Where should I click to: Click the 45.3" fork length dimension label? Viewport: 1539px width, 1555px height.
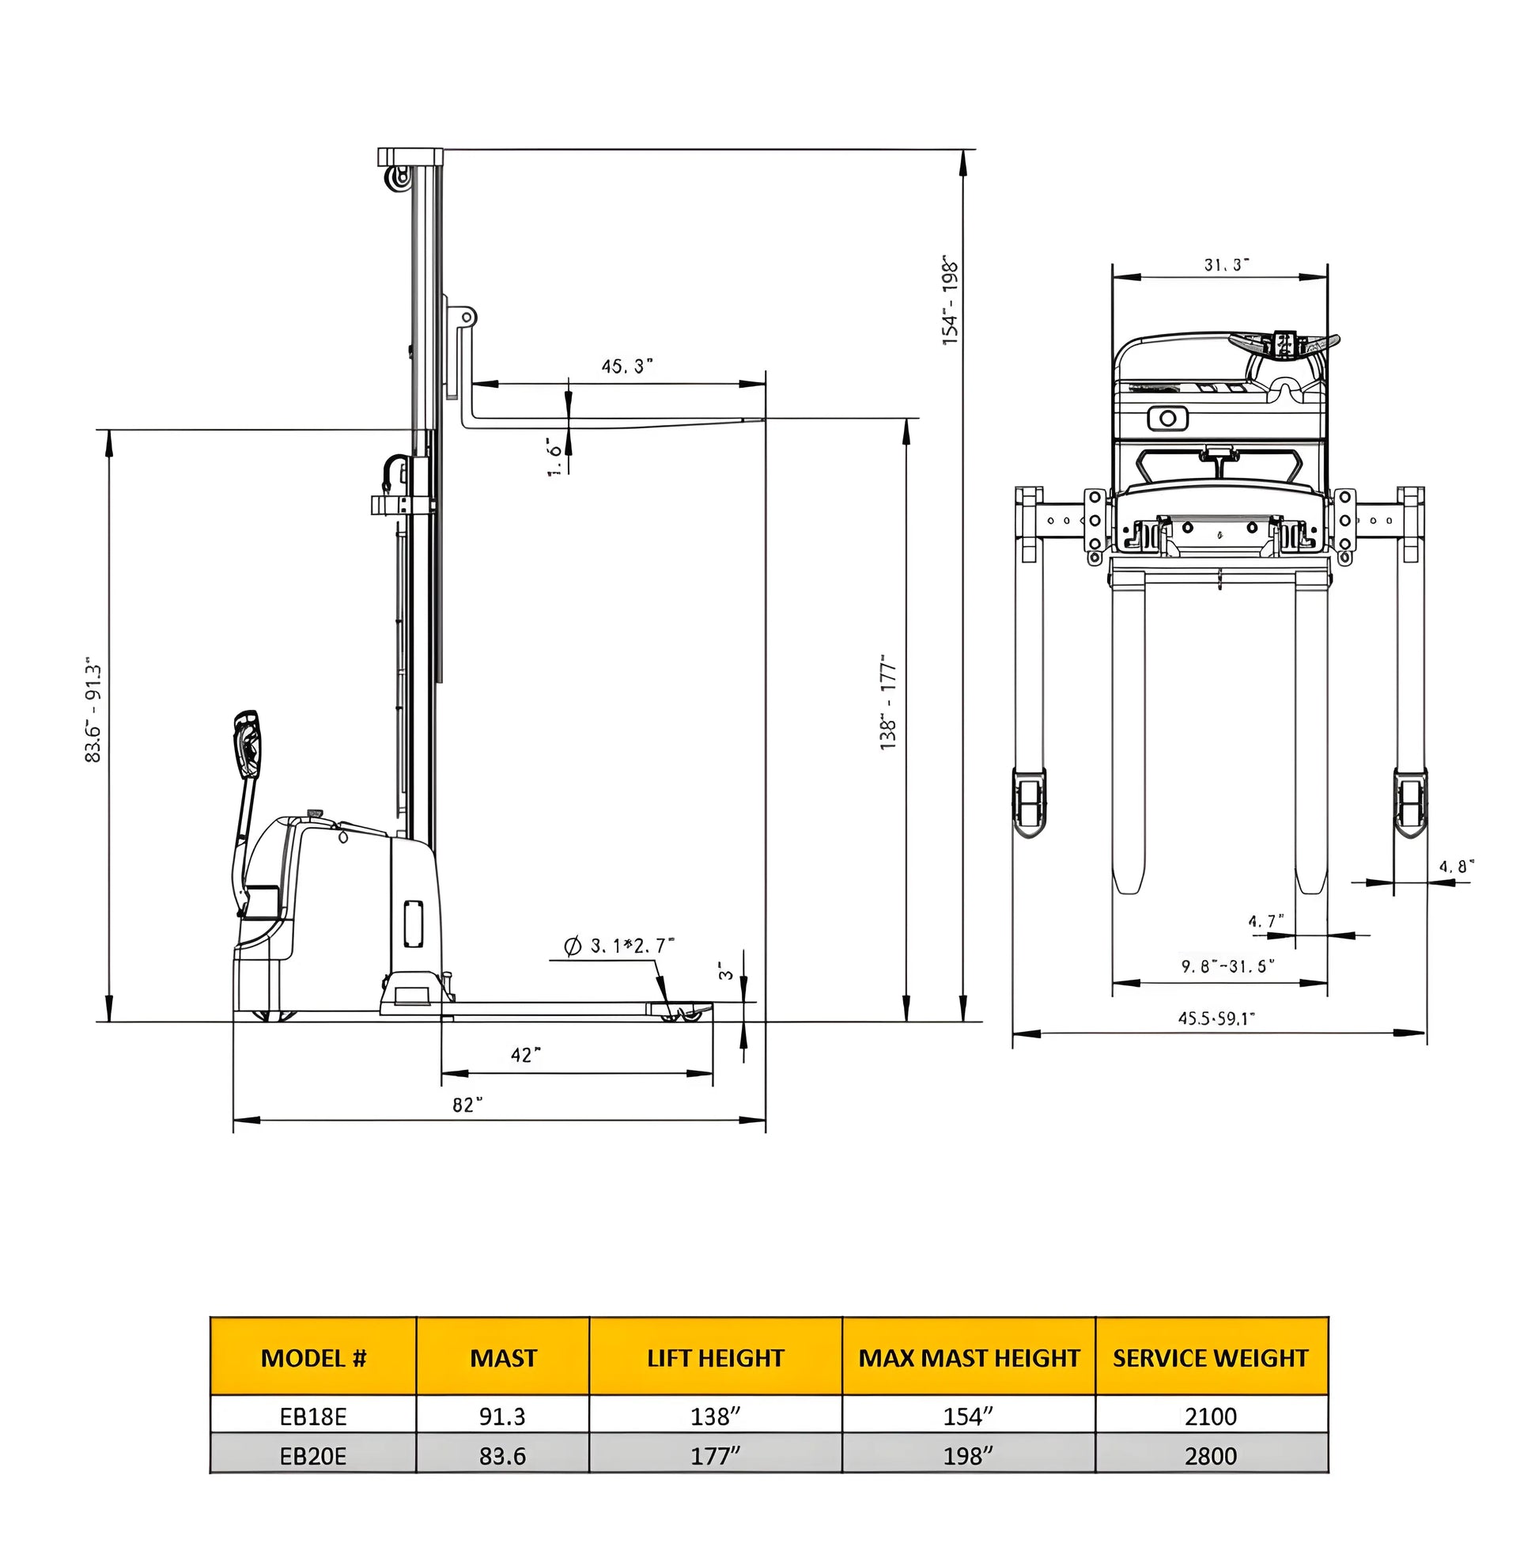click(x=626, y=366)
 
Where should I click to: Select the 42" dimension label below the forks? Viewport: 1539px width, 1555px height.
click(x=525, y=1054)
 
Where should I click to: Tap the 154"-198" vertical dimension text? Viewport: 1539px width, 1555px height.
click(x=951, y=302)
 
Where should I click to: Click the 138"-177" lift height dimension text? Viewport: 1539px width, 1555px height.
click(x=888, y=702)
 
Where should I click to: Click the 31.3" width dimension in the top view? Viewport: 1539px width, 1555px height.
click(x=1225, y=265)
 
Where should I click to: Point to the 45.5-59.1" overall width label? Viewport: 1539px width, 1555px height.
click(x=1216, y=1018)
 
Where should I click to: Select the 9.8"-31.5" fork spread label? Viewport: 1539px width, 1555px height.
click(x=1227, y=965)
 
